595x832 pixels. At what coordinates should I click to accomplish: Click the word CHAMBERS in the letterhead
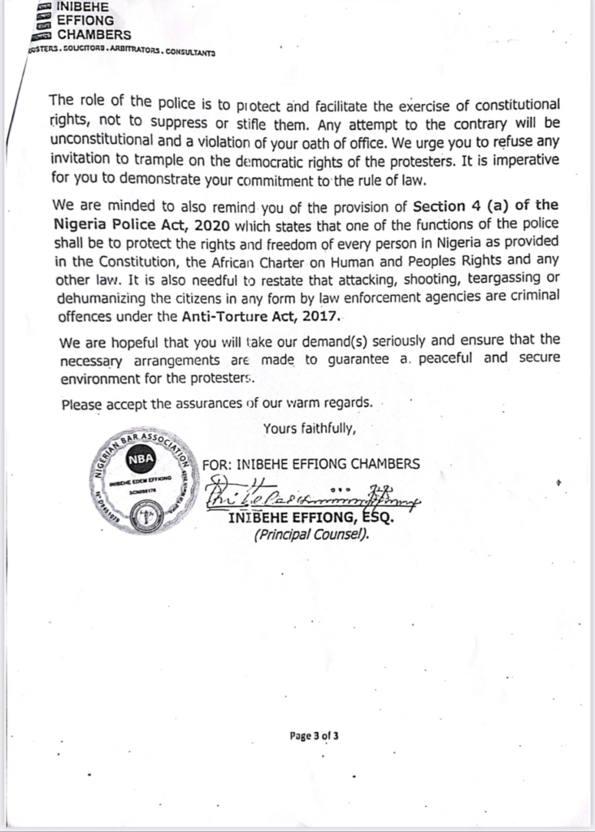93,34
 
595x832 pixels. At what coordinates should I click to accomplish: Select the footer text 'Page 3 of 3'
314,736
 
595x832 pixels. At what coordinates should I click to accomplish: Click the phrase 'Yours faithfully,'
309,427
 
